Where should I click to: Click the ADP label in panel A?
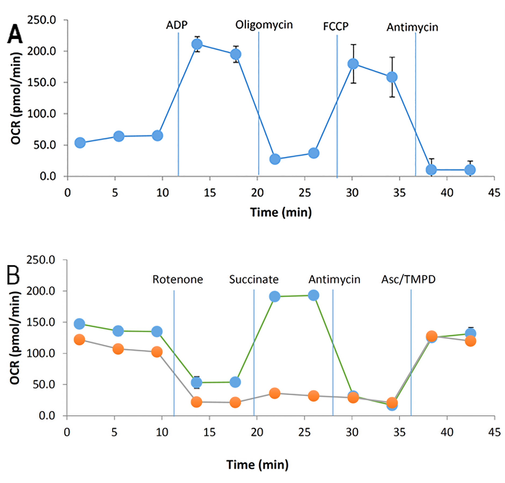point(176,25)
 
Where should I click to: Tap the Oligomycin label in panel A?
point(264,25)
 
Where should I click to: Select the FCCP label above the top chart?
point(336,26)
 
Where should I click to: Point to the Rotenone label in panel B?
point(177,280)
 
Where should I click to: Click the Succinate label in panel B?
point(254,280)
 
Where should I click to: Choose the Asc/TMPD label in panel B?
point(408,280)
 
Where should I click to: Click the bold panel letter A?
point(15,34)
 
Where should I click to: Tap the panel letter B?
point(13,275)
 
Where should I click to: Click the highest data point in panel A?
point(197,44)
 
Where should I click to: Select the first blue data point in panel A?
point(80,142)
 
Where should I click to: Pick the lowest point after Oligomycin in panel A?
point(275,159)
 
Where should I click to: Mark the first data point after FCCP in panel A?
point(353,64)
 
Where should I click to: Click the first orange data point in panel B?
point(79,339)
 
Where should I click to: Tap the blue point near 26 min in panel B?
point(314,295)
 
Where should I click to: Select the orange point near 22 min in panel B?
point(274,393)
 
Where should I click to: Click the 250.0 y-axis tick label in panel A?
point(41,20)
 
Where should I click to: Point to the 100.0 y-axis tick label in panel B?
point(41,353)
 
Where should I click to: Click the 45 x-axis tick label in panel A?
point(494,193)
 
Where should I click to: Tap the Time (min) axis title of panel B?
point(257,464)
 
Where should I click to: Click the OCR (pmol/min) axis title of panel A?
point(16,98)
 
